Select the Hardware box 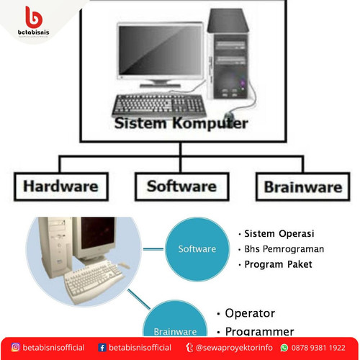pyautogui.click(x=60, y=186)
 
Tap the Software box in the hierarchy pyautogui.click(x=181, y=186)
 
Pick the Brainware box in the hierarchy pyautogui.click(x=303, y=186)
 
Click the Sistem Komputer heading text pyautogui.click(x=181, y=123)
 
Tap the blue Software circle pyautogui.click(x=197, y=248)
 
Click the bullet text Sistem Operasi pyautogui.click(x=279, y=234)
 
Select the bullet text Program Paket pyautogui.click(x=278, y=264)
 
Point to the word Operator pyautogui.click(x=250, y=314)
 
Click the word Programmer pyautogui.click(x=259, y=331)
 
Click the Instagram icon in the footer pyautogui.click(x=14, y=347)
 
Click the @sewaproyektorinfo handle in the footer pyautogui.click(x=234, y=347)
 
